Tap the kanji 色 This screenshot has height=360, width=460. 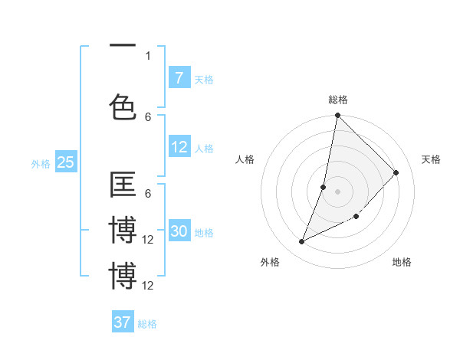coord(123,106)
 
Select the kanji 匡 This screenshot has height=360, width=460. coord(123,185)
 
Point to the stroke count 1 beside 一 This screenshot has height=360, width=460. coord(148,55)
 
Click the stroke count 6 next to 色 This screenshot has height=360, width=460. coord(148,116)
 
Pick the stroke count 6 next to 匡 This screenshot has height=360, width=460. coord(148,195)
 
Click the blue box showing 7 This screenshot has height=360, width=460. coord(179,77)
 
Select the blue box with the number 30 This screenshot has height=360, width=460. coord(179,232)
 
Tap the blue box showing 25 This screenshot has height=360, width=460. coord(65,162)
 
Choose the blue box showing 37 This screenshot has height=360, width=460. coord(123,322)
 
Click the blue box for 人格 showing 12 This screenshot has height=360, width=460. coord(179,148)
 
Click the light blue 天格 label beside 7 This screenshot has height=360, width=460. coord(204,79)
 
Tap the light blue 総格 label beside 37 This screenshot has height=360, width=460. coord(147,324)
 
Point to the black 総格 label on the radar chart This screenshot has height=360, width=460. coord(337,100)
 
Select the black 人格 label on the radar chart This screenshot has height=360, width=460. coord(245,159)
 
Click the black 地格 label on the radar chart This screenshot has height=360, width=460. coord(402,262)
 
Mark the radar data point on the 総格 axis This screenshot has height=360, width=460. coord(337,116)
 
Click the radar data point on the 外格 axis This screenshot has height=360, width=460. coord(302,242)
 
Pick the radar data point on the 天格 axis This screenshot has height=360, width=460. coord(396,172)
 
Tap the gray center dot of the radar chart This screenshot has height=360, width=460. coord(337,191)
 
